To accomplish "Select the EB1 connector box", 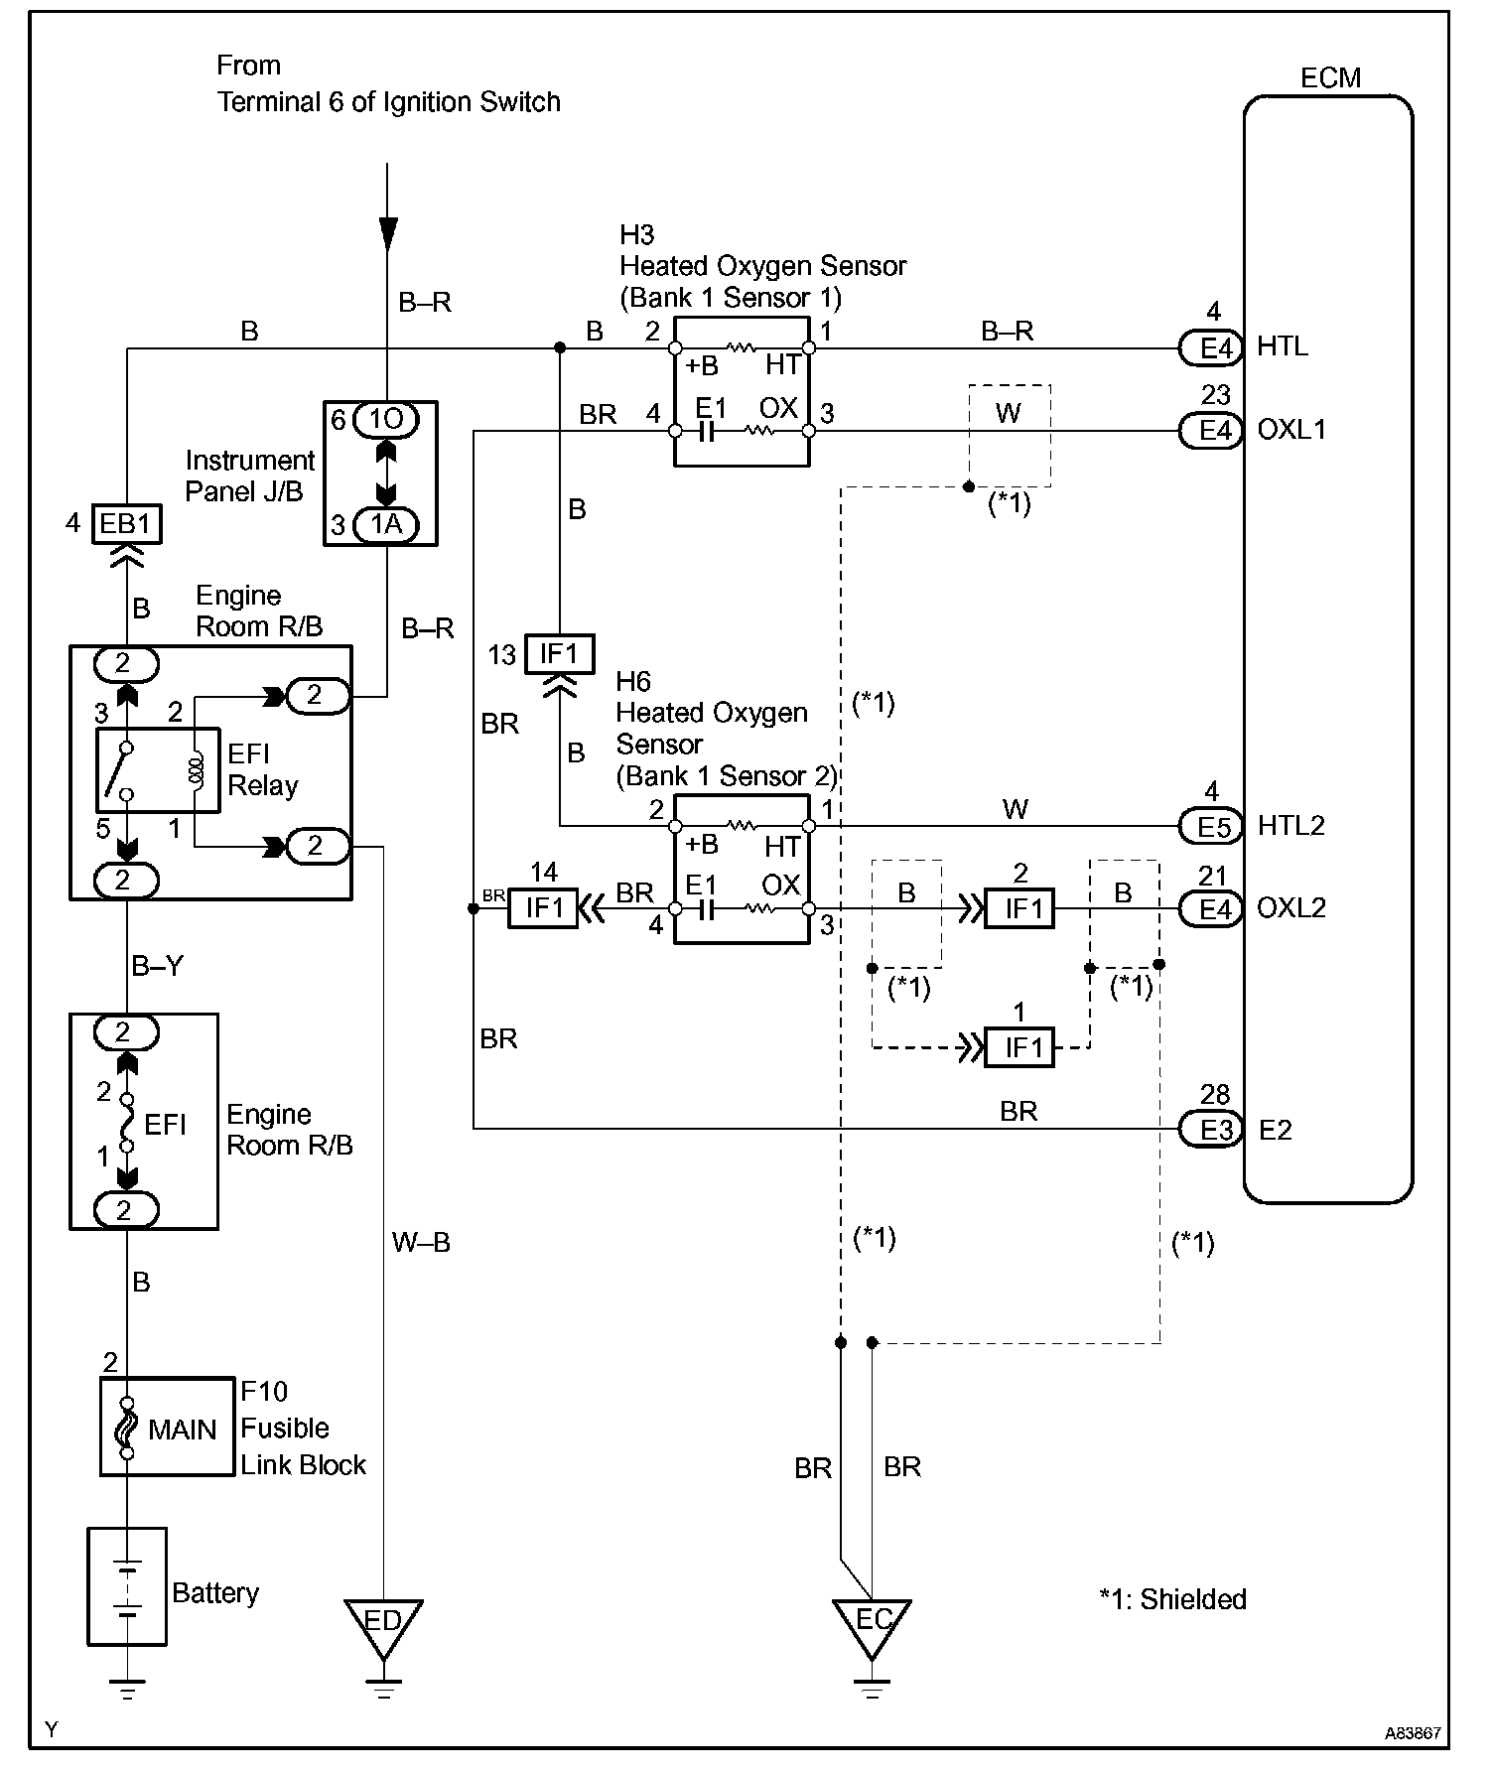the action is pyautogui.click(x=126, y=523).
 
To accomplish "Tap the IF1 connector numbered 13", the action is pyautogui.click(x=559, y=654).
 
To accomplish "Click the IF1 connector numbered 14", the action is pyautogui.click(x=542, y=908).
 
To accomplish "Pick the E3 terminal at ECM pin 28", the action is pyautogui.click(x=1211, y=1130).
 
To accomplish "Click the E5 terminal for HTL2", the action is pyautogui.click(x=1211, y=826).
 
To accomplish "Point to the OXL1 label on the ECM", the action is pyautogui.click(x=1291, y=430).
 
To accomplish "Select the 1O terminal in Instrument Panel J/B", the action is pyautogui.click(x=386, y=420).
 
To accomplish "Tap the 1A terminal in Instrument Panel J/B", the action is pyautogui.click(x=386, y=524).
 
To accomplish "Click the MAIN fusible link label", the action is pyautogui.click(x=182, y=1430).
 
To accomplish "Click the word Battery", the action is pyautogui.click(x=215, y=1593).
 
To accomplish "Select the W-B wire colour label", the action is pyautogui.click(x=422, y=1242).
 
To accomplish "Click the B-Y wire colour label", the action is pyautogui.click(x=157, y=966).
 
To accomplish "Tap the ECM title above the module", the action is pyautogui.click(x=1330, y=77).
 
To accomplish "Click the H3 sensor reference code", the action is pyautogui.click(x=637, y=235).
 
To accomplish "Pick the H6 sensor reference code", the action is pyautogui.click(x=633, y=681).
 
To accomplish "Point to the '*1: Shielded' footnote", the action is pyautogui.click(x=1172, y=1599).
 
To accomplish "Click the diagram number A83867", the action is pyautogui.click(x=1414, y=1733).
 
